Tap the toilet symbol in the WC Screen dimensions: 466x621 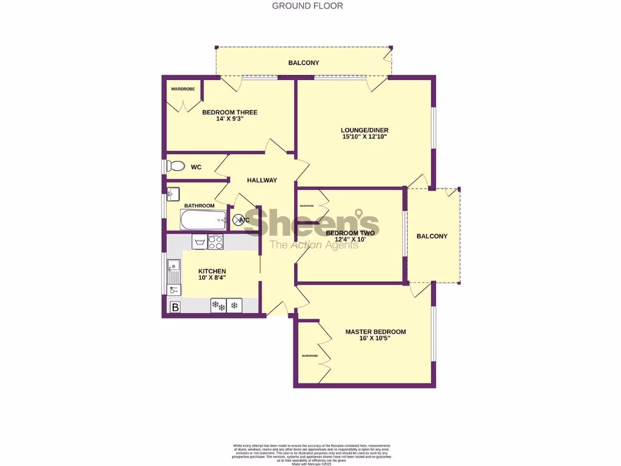176,166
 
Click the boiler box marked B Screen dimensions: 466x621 175,307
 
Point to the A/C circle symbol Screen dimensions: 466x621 238,220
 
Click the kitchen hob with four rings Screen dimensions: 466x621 216,242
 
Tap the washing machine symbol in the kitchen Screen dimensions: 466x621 200,241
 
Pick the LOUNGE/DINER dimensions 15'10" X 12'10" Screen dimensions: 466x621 364,137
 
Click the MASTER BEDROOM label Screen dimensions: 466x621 375,332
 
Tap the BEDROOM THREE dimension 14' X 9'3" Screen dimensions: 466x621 229,119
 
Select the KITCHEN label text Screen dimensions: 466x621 212,271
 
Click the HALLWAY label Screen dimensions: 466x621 262,180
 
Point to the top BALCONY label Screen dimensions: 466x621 303,62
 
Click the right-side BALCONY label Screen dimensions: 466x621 432,236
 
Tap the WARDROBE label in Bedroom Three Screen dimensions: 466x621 182,89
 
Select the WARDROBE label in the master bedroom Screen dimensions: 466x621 307,356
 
